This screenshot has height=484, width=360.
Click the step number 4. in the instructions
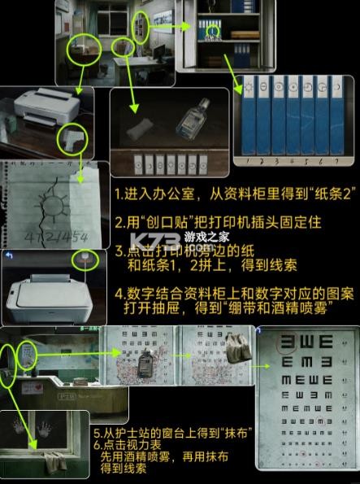point(119,294)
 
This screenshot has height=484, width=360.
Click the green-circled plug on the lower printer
point(81,259)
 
